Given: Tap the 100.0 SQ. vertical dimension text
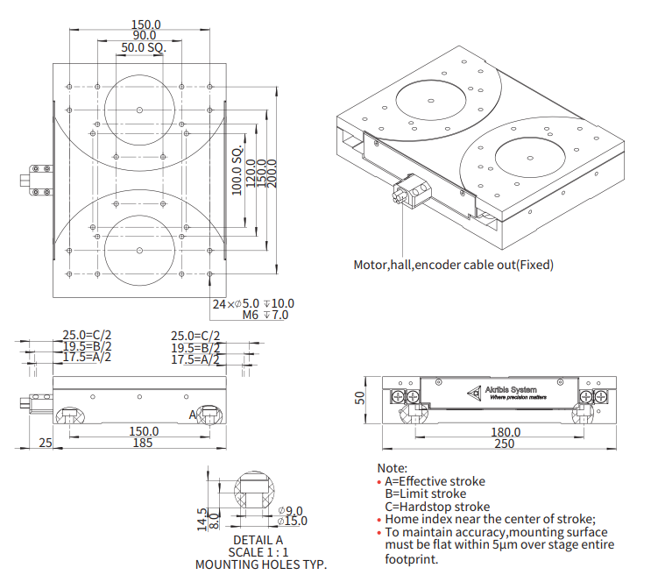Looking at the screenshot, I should (x=237, y=171).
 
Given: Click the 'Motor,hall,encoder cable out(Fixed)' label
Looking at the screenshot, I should (x=453, y=264).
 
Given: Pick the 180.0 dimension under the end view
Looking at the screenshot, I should (x=506, y=432).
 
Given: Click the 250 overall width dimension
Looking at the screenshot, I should (x=506, y=444).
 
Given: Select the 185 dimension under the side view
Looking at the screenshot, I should (x=144, y=444).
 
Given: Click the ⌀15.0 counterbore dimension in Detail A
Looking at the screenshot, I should (x=289, y=522).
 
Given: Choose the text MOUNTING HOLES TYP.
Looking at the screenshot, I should (x=260, y=564).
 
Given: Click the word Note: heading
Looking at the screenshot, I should (x=392, y=469).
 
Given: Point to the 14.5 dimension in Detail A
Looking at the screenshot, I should (x=202, y=519).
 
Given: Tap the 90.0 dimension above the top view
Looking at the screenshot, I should (x=145, y=36).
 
